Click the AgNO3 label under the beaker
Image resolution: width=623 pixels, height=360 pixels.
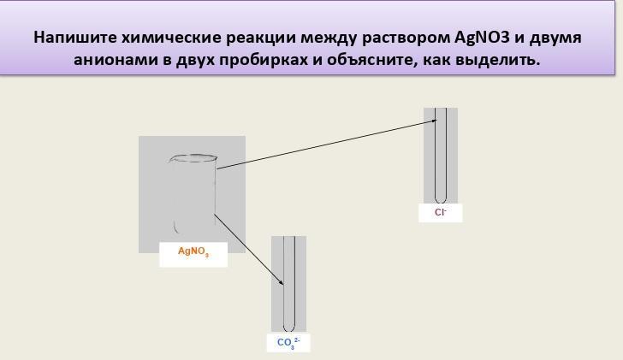click(x=193, y=251)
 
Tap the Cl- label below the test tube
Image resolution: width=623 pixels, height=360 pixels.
click(x=441, y=212)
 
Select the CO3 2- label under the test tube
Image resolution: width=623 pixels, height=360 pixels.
click(x=288, y=343)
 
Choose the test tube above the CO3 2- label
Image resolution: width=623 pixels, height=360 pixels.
click(x=289, y=284)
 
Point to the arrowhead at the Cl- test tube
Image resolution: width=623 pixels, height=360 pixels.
click(x=434, y=122)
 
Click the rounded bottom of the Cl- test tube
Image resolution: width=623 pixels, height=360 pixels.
click(x=441, y=198)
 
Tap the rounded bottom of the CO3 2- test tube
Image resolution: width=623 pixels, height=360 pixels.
click(x=289, y=328)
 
